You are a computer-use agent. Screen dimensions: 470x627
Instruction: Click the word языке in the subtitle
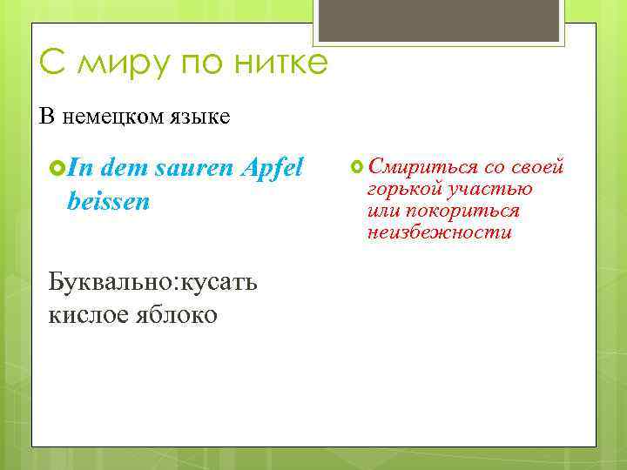click(201, 117)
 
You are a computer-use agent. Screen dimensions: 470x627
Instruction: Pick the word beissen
click(108, 202)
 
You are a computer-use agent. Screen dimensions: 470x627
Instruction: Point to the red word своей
click(538, 166)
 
